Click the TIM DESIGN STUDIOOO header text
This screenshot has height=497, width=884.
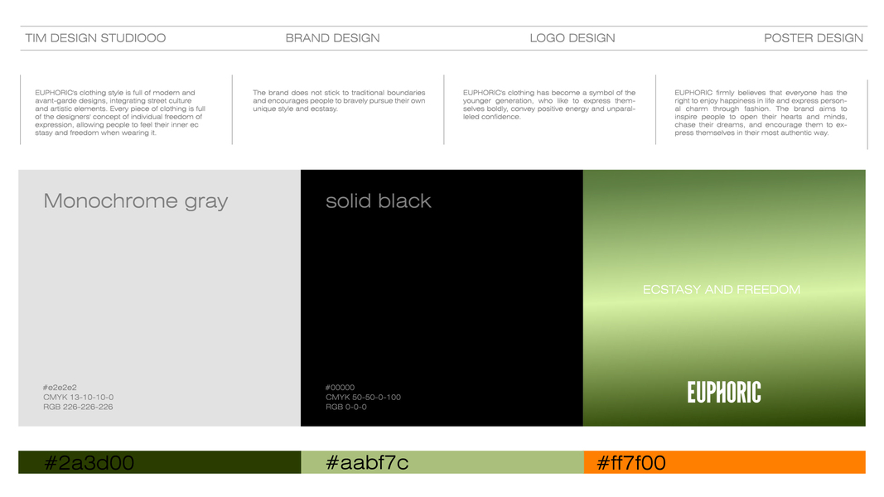pos(95,38)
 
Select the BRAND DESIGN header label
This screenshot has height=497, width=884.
pos(332,38)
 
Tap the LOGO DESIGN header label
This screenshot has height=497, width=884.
pos(572,38)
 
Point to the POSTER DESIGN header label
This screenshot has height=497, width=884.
pos(814,38)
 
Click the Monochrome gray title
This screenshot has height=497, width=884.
pos(136,201)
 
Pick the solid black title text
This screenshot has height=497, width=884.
pos(379,201)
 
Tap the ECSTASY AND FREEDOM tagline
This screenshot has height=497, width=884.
pos(722,290)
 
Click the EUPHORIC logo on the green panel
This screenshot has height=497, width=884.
pos(724,392)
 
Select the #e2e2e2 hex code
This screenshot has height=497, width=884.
pos(60,388)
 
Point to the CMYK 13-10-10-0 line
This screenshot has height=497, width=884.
pos(79,398)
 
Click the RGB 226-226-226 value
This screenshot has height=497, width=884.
pos(78,407)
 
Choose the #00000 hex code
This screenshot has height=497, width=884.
pos(340,388)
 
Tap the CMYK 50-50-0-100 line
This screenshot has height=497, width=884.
pos(363,398)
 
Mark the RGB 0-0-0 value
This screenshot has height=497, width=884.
pos(346,407)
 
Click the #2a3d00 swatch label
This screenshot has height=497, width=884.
pos(89,463)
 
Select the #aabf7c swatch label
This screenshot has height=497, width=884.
pos(367,463)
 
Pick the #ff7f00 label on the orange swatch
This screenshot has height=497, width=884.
pos(630,463)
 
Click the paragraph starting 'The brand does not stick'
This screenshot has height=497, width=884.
pos(339,100)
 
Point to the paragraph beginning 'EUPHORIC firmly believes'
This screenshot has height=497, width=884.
pos(761,113)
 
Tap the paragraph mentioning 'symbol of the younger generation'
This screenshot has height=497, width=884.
pos(549,104)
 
